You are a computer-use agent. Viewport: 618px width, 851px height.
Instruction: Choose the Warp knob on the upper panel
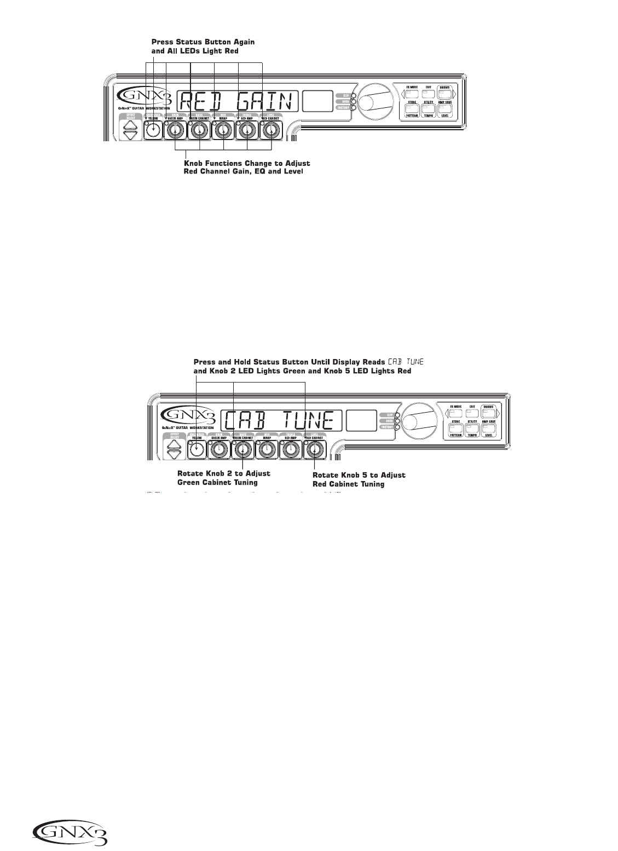pyautogui.click(x=223, y=131)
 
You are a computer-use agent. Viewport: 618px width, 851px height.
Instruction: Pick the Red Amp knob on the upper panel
pyautogui.click(x=247, y=131)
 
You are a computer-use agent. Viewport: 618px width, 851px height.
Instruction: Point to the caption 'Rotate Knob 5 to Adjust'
pyautogui.click(x=359, y=475)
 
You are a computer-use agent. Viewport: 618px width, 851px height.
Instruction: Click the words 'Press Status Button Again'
pyautogui.click(x=203, y=42)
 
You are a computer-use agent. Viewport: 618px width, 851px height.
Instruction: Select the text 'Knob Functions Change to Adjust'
pyautogui.click(x=247, y=164)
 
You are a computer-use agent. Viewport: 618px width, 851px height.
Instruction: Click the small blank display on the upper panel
pyautogui.click(x=318, y=101)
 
